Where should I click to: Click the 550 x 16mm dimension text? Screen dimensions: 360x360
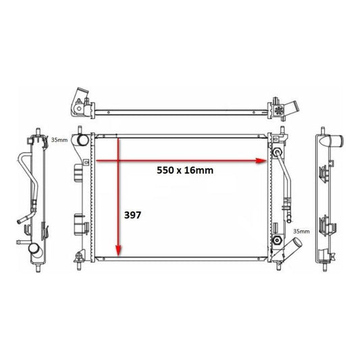(x=185, y=170)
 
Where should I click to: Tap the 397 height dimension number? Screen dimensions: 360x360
(x=132, y=215)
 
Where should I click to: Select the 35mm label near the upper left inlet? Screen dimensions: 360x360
(x=59, y=140)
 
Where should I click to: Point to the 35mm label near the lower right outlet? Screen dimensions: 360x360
(x=301, y=231)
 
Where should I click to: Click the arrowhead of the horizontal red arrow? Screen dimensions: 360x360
(x=261, y=161)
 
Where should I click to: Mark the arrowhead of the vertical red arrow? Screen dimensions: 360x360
(x=118, y=251)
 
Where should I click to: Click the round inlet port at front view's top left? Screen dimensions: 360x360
(x=83, y=140)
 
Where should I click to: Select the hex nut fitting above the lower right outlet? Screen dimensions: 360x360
(x=278, y=240)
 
